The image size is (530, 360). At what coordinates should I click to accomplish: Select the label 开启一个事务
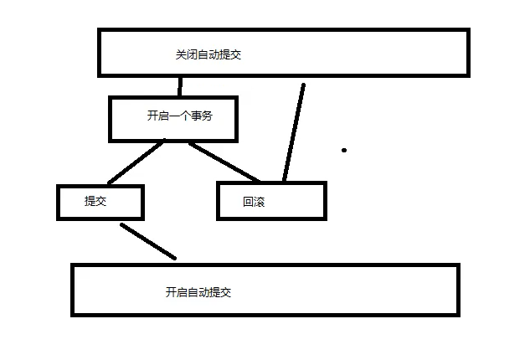coord(179,116)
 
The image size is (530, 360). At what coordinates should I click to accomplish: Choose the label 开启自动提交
coord(198,292)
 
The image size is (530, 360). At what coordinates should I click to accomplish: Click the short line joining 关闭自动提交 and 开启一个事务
coord(179,86)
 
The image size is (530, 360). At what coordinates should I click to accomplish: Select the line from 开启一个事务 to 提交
coord(136,162)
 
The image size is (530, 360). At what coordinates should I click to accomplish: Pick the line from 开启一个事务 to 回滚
coord(224,162)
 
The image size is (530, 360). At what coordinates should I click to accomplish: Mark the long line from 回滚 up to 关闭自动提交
coord(294,131)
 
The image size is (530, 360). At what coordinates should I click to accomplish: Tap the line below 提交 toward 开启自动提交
coord(147,240)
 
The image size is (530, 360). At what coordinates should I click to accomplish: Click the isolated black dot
coord(344,151)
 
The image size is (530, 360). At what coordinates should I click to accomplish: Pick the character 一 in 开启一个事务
coord(173,116)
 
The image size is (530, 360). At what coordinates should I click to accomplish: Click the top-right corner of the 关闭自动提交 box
coord(467,31)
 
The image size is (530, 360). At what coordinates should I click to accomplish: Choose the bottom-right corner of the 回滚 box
coord(324,218)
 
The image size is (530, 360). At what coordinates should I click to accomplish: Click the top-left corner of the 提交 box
coord(59,187)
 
